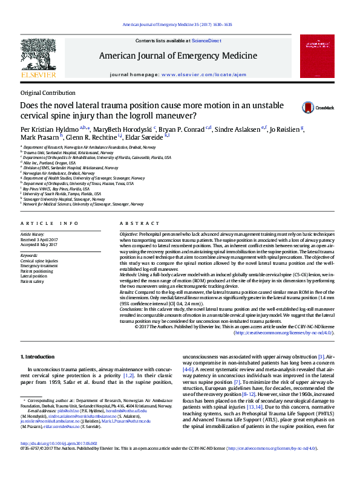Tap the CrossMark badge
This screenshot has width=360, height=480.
pos(318,108)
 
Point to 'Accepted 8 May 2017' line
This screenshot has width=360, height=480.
pos(39,244)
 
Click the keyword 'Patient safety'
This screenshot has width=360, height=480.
pos(33,281)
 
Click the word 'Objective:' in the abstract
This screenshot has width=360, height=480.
pos(129,233)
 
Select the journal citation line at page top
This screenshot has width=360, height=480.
pos(177,25)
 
